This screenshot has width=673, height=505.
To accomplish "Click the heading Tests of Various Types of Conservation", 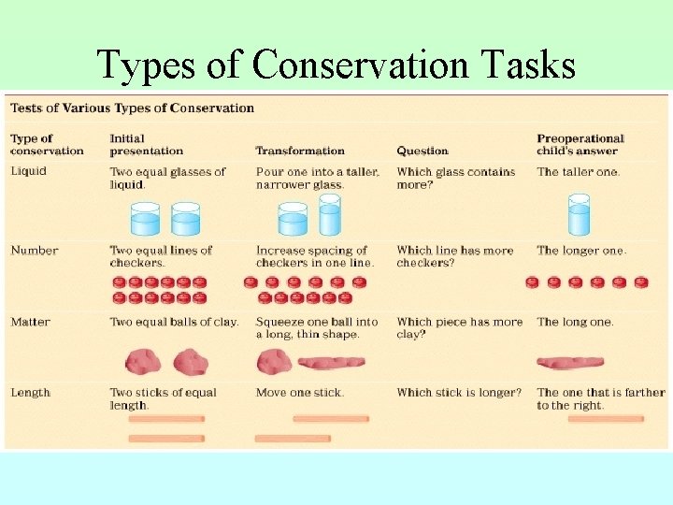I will click(132, 108).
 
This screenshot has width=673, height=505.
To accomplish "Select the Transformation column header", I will click(300, 151).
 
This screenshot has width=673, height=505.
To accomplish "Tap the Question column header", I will click(422, 151).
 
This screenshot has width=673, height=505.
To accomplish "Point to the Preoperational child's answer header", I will click(580, 144).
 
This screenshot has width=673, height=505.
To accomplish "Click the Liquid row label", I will click(28, 171).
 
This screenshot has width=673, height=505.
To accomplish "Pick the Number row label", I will click(34, 250).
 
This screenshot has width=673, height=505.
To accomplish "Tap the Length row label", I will click(30, 392).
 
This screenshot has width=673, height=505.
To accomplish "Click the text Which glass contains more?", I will click(455, 178).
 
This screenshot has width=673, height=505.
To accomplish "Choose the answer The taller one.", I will click(578, 171).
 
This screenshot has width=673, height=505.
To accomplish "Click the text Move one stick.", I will click(299, 392).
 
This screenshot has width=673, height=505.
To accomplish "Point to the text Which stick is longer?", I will click(459, 392).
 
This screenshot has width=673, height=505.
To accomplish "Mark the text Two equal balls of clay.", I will click(174, 322).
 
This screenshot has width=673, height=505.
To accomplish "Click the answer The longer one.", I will click(581, 250).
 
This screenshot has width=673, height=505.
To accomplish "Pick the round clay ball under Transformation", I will click(274, 361).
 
